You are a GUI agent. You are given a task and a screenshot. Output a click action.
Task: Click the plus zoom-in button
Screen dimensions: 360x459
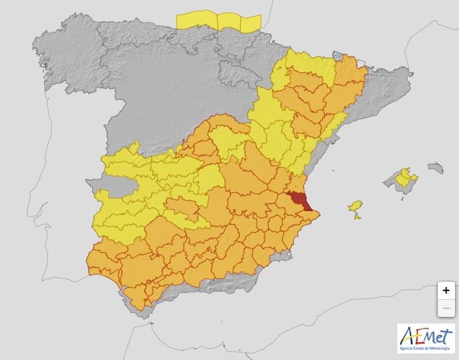[446, 290]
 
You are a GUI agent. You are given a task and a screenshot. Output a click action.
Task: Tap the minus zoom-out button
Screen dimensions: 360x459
[446, 308]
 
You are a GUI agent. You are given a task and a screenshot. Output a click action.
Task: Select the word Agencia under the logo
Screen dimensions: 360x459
[407, 348]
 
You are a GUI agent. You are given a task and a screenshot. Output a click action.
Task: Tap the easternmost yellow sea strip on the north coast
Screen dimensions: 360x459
[250, 24]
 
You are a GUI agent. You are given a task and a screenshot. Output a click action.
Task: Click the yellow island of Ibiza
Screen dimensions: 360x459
[356, 207]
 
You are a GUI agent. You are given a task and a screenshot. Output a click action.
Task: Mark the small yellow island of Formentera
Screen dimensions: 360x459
[358, 217]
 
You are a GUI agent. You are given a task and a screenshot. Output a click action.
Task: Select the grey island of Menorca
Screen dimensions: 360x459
[435, 168]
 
